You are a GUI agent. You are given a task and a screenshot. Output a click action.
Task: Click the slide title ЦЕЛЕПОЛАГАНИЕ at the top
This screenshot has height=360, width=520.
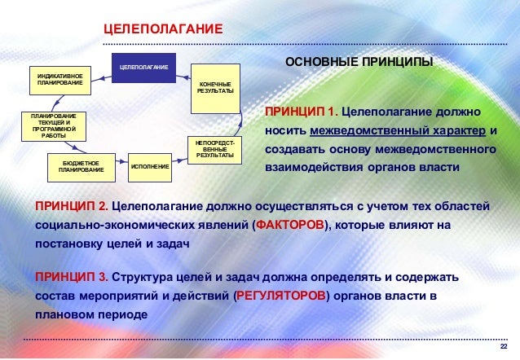163,30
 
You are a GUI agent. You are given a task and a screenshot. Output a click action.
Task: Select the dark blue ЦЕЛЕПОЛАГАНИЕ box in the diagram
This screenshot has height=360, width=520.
143,66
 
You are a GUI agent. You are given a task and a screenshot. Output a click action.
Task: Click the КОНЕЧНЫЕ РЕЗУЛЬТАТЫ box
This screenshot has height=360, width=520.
215,86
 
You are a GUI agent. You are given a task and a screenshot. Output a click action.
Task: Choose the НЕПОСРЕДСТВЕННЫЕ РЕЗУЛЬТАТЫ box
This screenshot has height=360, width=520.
215,149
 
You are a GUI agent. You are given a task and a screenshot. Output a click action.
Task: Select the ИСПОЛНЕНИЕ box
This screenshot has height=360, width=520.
150,166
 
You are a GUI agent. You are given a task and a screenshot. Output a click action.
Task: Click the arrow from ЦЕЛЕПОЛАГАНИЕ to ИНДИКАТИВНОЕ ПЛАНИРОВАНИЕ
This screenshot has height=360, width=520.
102,77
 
